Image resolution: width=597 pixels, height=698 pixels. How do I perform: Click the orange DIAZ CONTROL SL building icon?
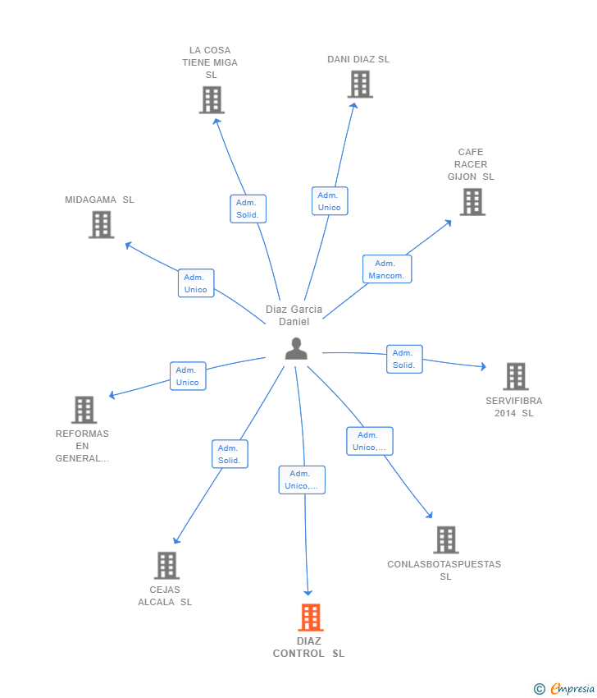pyautogui.click(x=310, y=617)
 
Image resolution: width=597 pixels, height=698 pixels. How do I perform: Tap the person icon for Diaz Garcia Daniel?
pyautogui.click(x=296, y=349)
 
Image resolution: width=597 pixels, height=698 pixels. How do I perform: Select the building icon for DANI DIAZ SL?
pyautogui.click(x=359, y=84)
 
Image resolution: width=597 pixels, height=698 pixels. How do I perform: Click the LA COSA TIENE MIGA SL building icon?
pyautogui.click(x=212, y=100)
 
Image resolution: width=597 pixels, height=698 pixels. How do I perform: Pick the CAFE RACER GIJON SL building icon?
pyautogui.click(x=472, y=202)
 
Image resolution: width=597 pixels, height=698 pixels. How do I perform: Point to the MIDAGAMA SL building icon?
pyautogui.click(x=101, y=224)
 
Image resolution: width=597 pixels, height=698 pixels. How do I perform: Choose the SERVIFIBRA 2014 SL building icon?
pyautogui.click(x=515, y=376)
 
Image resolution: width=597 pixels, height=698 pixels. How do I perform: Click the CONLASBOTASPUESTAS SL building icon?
pyautogui.click(x=445, y=540)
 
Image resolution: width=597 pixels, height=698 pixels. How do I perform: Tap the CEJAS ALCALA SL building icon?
pyautogui.click(x=166, y=565)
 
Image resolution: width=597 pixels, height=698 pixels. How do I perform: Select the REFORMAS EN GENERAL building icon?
pyautogui.click(x=84, y=409)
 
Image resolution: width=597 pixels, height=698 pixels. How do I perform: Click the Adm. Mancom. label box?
pyautogui.click(x=387, y=269)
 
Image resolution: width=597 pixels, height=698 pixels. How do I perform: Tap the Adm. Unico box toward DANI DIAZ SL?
pyautogui.click(x=330, y=201)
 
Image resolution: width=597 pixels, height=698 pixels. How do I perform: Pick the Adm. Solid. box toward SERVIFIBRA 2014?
pyautogui.click(x=404, y=359)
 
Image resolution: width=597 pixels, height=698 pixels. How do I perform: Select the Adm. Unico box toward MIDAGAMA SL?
pyautogui.click(x=196, y=283)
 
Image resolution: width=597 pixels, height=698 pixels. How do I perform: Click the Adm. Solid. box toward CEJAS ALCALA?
pyautogui.click(x=230, y=454)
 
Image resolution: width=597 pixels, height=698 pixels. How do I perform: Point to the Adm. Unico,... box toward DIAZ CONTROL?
pyautogui.click(x=302, y=480)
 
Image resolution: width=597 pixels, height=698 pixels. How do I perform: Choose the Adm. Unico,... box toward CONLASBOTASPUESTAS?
pyautogui.click(x=369, y=441)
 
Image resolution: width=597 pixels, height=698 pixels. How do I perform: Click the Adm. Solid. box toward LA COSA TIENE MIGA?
pyautogui.click(x=248, y=209)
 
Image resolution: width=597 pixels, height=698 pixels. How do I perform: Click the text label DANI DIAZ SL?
pyautogui.click(x=358, y=59)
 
